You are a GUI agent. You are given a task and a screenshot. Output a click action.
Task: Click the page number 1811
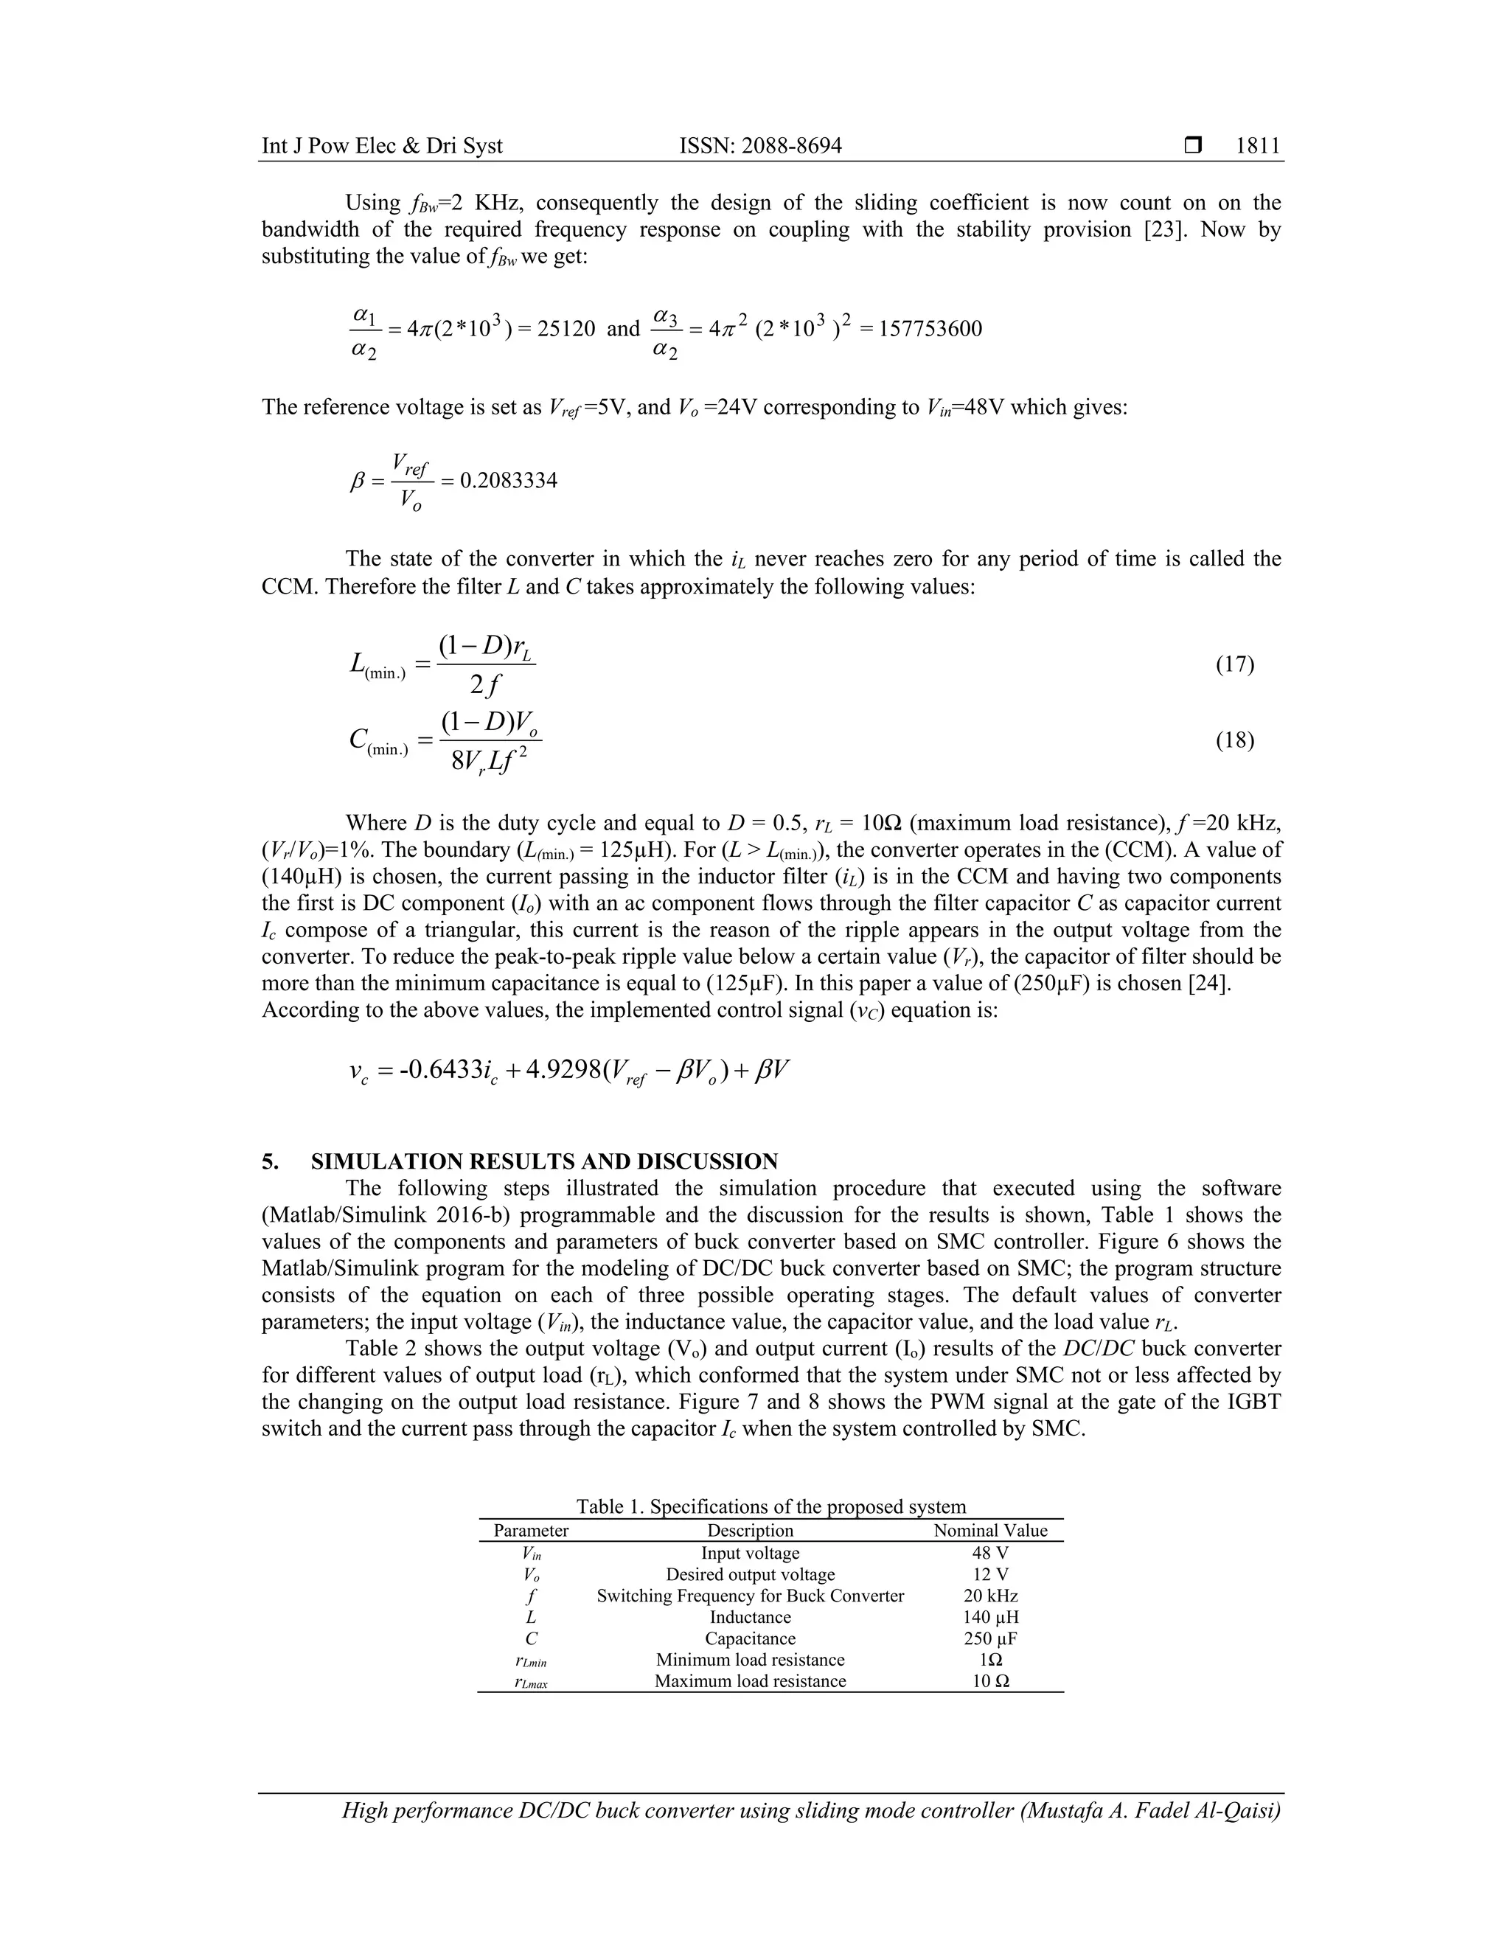[1258, 146]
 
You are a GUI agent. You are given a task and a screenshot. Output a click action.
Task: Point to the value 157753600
[930, 330]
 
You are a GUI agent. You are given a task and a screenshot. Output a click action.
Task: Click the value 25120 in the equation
[566, 330]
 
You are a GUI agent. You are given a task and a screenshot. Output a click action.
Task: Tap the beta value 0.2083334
[508, 481]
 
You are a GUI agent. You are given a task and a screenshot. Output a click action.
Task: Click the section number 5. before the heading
[270, 1162]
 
